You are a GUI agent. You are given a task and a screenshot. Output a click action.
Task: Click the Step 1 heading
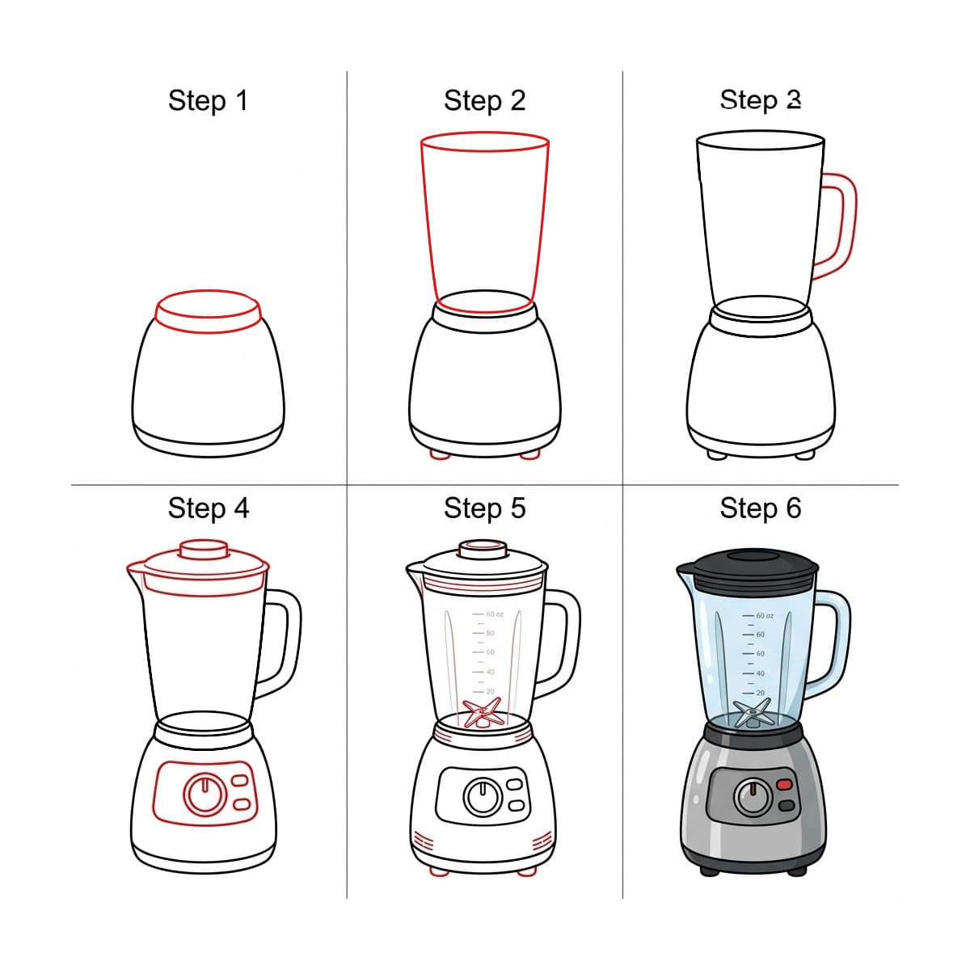pos(208,101)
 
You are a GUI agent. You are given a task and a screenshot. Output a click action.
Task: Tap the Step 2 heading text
pos(484,101)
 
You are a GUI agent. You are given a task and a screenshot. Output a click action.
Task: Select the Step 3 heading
pos(760,100)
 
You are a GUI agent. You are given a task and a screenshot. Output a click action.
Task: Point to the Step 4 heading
pos(208,508)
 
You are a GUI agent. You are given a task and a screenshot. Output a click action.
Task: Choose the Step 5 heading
pos(484,508)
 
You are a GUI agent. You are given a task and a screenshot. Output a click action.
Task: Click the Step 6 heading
pos(760,508)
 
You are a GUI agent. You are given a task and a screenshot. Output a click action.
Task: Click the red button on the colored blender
pos(785,784)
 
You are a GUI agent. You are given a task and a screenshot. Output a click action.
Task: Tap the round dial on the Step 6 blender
pos(753,798)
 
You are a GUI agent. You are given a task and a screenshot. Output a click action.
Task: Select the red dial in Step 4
pos(204,794)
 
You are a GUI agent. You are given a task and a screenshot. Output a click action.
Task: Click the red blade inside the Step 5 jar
pos(482,714)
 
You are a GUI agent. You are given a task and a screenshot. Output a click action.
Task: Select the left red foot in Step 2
pos(440,455)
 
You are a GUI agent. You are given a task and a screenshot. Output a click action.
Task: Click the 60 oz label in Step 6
pos(764,616)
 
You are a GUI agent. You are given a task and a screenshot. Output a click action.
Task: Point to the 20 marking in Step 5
pos(490,692)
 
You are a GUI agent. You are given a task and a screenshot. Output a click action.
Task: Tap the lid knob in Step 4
pos(202,549)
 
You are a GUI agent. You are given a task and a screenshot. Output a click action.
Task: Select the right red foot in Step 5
pos(527,871)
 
